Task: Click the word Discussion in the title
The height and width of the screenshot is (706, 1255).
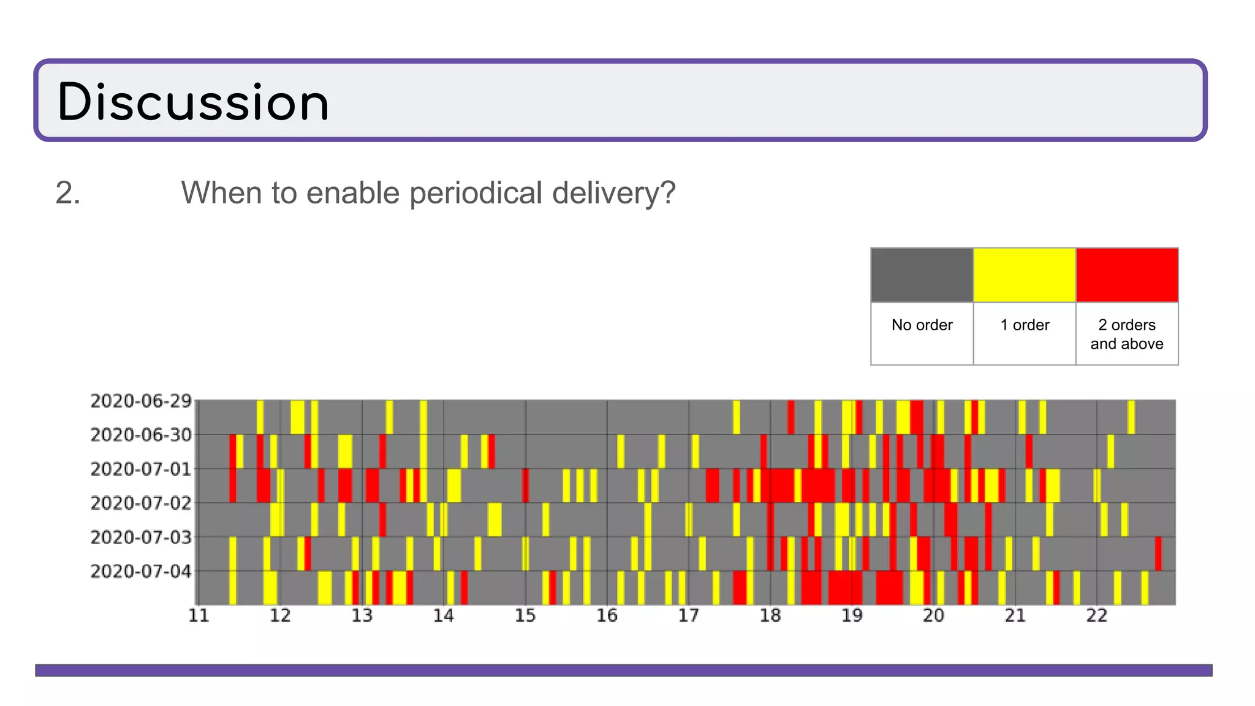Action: [194, 102]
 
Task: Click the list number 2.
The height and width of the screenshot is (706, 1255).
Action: [67, 193]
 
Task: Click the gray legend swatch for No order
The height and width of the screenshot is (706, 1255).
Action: [922, 275]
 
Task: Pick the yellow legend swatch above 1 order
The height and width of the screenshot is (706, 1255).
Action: [1025, 275]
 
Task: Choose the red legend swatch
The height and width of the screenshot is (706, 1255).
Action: [1127, 275]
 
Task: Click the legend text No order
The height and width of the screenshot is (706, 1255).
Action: [922, 325]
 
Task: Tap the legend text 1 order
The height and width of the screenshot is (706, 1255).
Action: [1025, 325]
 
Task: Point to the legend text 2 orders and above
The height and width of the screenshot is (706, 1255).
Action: [1127, 334]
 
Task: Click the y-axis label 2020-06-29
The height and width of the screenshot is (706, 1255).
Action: [141, 401]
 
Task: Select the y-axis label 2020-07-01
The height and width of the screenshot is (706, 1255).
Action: [141, 469]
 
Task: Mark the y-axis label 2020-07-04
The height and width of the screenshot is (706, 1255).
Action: [141, 571]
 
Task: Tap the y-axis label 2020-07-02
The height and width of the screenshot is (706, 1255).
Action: [141, 503]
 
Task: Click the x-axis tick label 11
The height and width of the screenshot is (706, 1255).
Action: [199, 615]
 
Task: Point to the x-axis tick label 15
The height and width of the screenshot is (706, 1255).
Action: [525, 615]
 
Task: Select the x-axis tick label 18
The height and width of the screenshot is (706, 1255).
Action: [770, 615]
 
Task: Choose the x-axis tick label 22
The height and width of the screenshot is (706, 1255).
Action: [1097, 615]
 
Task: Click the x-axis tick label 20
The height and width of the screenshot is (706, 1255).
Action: [933, 615]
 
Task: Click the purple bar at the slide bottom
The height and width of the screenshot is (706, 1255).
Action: [623, 670]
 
